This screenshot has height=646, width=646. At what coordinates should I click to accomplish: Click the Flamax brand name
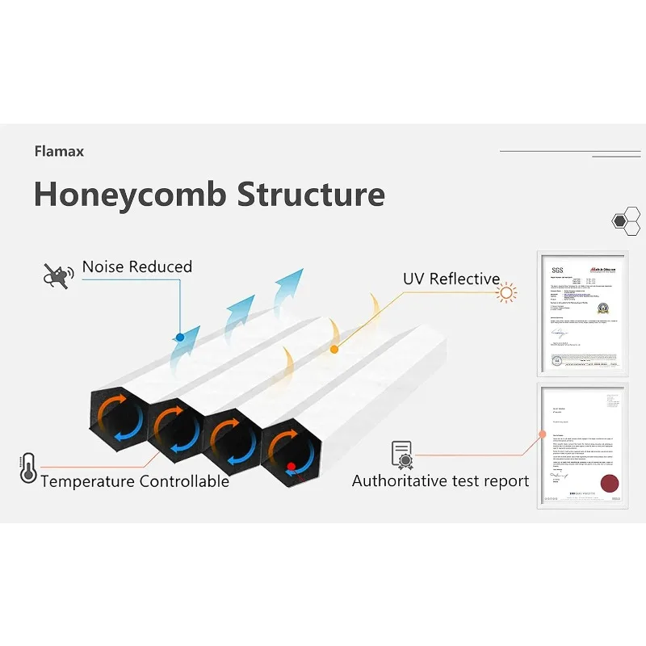pyautogui.click(x=59, y=151)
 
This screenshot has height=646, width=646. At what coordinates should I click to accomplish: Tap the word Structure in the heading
pyautogui.click(x=311, y=195)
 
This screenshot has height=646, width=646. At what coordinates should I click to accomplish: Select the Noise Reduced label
pyautogui.click(x=137, y=266)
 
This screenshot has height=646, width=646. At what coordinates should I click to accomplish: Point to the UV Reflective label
pyautogui.click(x=451, y=279)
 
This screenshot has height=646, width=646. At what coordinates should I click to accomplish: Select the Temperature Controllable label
pyautogui.click(x=135, y=482)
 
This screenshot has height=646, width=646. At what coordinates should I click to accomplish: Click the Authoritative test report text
pyautogui.click(x=440, y=481)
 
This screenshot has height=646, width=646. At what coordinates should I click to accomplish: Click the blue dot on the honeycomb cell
pyautogui.click(x=179, y=336)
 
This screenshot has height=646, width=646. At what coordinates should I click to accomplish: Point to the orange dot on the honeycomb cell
pyautogui.click(x=333, y=349)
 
